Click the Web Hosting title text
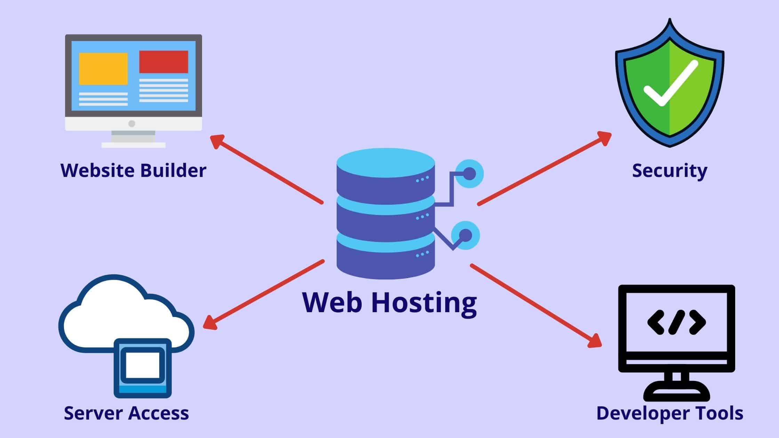[x=389, y=302]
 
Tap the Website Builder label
[x=133, y=170]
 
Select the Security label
[x=669, y=171]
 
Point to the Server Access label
[x=126, y=413]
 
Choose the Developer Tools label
[x=670, y=413]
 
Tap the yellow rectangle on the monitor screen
[x=103, y=68]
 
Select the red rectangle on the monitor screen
[x=163, y=62]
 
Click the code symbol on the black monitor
[x=676, y=322]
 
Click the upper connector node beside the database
[x=469, y=173]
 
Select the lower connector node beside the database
[x=465, y=236]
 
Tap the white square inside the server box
[x=143, y=365]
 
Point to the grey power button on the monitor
[x=131, y=123]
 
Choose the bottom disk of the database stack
[x=386, y=259]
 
